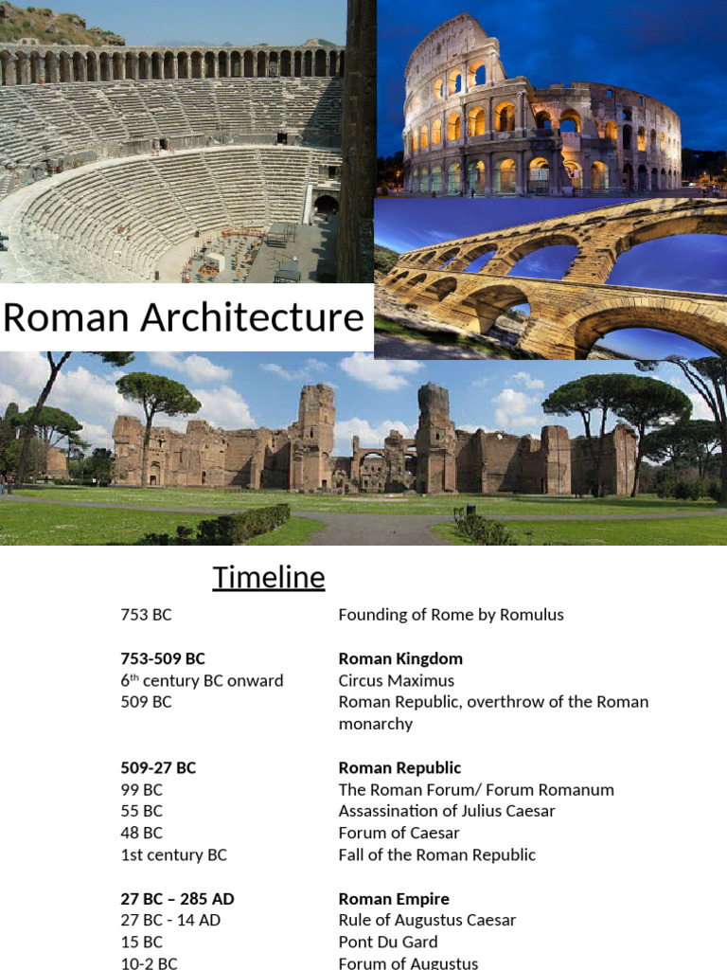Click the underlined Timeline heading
[269, 577]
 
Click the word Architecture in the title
[253, 317]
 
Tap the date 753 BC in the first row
[146, 615]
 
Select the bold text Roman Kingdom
[400, 658]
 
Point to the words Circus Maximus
[397, 680]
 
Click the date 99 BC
[142, 789]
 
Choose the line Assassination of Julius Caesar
[447, 811]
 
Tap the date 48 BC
[142, 833]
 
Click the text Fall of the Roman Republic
[437, 854]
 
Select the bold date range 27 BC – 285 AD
[179, 898]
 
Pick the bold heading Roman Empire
[394, 898]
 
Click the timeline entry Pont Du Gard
[388, 942]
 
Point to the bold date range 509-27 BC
[158, 767]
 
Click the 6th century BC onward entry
[202, 680]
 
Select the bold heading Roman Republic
[399, 767]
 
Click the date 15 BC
[142, 942]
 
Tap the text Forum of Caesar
[399, 833]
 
